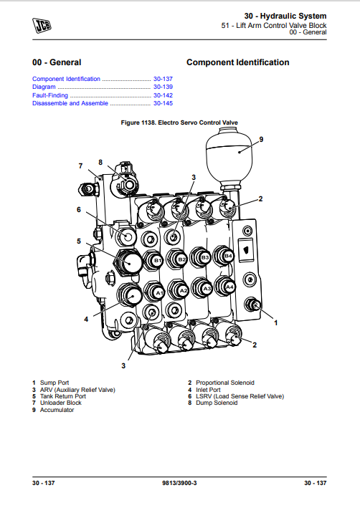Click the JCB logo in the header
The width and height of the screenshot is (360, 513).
click(42, 26)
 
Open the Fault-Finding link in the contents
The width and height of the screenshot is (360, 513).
click(50, 95)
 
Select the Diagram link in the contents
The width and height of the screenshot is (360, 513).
click(44, 87)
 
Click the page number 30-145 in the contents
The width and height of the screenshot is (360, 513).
click(163, 103)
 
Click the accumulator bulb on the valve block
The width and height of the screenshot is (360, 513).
click(229, 155)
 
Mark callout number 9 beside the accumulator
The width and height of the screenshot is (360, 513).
click(261, 140)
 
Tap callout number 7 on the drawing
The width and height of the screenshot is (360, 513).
click(80, 166)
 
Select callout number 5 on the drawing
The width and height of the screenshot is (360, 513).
click(79, 241)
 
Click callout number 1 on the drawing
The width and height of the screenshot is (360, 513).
click(276, 323)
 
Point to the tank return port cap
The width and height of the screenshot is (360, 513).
click(128, 262)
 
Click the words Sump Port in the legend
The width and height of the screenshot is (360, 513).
click(55, 383)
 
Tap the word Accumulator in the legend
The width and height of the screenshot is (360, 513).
click(57, 410)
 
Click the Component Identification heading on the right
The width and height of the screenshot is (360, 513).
click(238, 62)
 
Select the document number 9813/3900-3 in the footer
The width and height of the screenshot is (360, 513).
click(179, 483)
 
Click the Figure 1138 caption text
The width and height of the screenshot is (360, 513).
click(179, 123)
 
